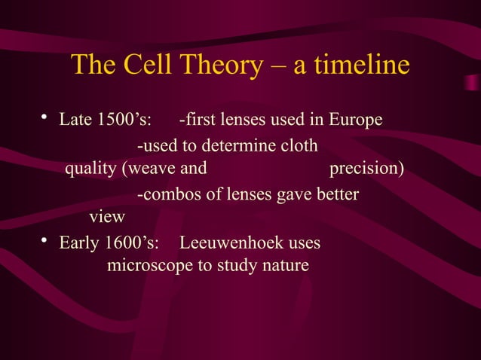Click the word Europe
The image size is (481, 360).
point(357,121)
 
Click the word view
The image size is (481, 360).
point(107,217)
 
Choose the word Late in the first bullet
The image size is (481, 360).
point(75,121)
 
